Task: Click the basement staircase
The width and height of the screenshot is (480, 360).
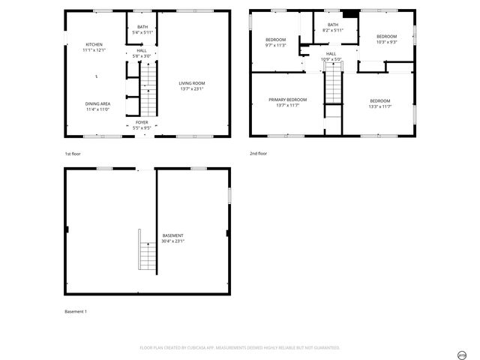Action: (x=146, y=250)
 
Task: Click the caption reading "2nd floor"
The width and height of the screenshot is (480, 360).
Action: (x=259, y=154)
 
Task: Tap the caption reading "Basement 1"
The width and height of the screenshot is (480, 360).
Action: (x=76, y=311)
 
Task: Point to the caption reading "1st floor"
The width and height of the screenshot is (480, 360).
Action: (x=72, y=154)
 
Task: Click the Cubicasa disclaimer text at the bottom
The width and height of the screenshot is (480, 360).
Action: (x=240, y=348)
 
